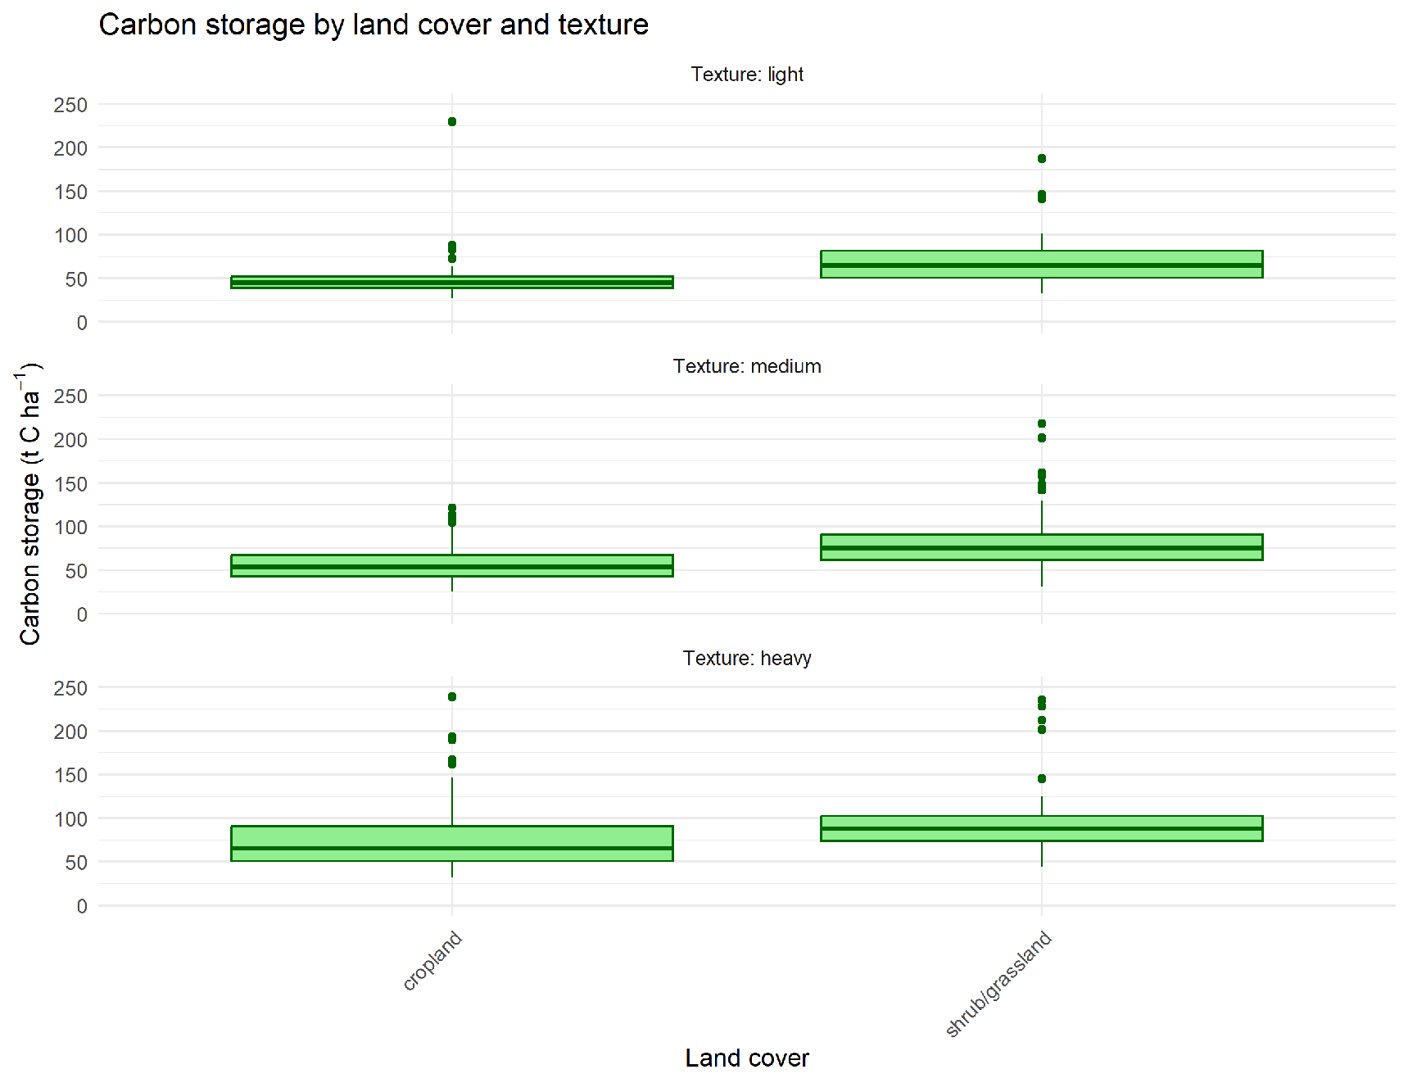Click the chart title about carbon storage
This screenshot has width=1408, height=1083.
374,25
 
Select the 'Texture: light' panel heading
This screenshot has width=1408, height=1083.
746,75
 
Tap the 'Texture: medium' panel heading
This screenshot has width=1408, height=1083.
746,366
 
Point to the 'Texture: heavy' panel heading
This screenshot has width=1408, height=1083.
746,659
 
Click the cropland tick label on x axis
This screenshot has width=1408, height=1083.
433,960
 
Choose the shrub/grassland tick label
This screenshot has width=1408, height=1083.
998,984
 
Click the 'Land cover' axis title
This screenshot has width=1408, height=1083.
746,1058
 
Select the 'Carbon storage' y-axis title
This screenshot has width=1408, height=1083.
29,504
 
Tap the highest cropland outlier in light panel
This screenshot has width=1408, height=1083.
452,122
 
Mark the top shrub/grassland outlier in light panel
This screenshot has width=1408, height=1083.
1041,159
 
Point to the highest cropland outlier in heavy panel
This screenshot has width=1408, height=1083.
452,697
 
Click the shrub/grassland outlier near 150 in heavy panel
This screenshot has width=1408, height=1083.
1041,778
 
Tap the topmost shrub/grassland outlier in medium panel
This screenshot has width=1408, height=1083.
1041,424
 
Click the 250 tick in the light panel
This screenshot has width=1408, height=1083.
70,105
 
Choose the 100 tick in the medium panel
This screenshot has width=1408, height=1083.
70,528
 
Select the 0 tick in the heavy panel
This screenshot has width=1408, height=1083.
82,906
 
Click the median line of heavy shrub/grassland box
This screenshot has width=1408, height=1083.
1041,828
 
